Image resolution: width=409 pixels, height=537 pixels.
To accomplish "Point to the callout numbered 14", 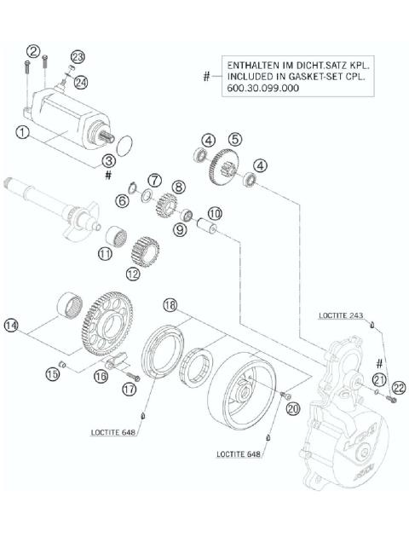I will pyautogui.click(x=12, y=325).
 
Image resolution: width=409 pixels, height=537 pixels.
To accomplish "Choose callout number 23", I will pyautogui.click(x=78, y=56).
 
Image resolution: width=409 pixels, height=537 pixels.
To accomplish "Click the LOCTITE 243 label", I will pyautogui.click(x=343, y=315).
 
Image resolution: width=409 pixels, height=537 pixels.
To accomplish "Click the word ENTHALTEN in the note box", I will pyautogui.click(x=251, y=64).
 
